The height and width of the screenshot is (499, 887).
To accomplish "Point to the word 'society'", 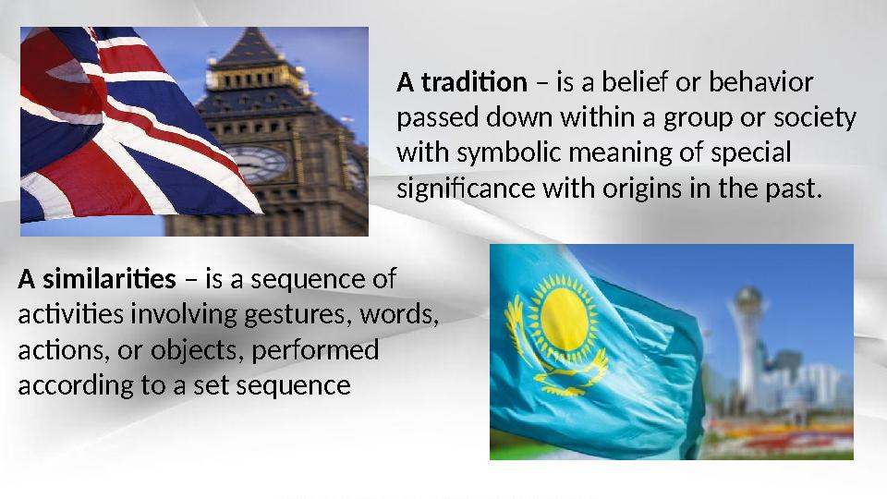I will (814, 119).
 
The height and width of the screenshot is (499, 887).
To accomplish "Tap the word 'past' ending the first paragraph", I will (794, 190).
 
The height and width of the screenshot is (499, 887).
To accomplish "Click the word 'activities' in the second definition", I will (70, 314).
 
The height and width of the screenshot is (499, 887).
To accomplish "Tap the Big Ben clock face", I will (258, 163).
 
